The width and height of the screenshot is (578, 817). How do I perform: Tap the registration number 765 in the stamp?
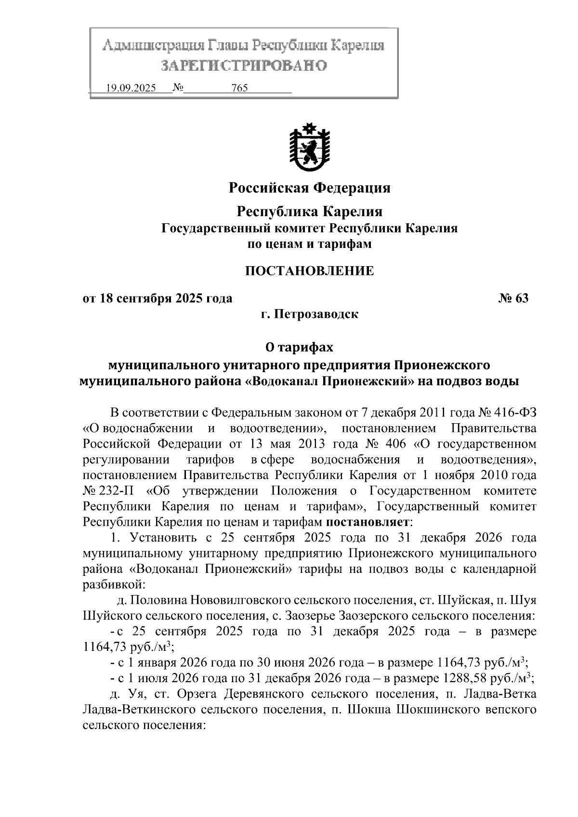pyautogui.click(x=239, y=88)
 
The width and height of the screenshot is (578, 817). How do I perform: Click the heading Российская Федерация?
pyautogui.click(x=309, y=187)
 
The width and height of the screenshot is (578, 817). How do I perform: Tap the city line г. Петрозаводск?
pyautogui.click(x=309, y=314)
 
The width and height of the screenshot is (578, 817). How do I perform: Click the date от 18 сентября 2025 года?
pyautogui.click(x=158, y=298)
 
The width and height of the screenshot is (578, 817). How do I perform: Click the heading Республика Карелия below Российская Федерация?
pyautogui.click(x=310, y=211)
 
